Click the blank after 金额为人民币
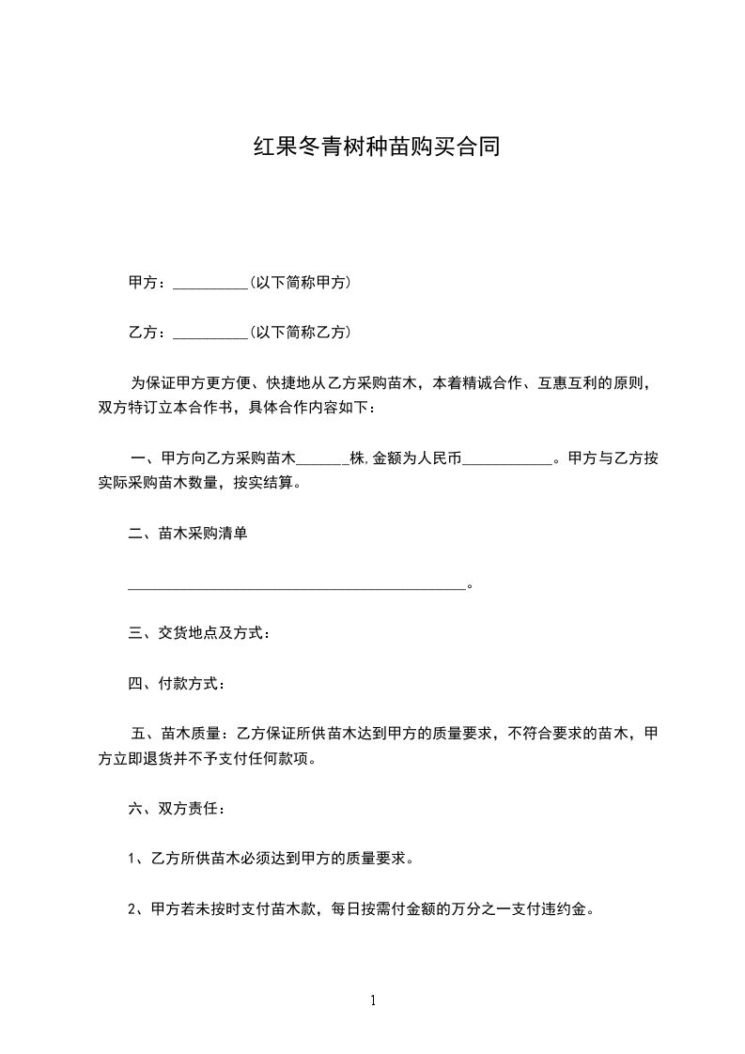[508, 461]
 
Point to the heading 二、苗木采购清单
[188, 534]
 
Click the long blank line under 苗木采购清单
[297, 587]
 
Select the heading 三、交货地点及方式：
[200, 633]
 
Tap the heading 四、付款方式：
[177, 683]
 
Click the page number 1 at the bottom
[373, 1000]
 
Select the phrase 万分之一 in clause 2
[482, 909]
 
